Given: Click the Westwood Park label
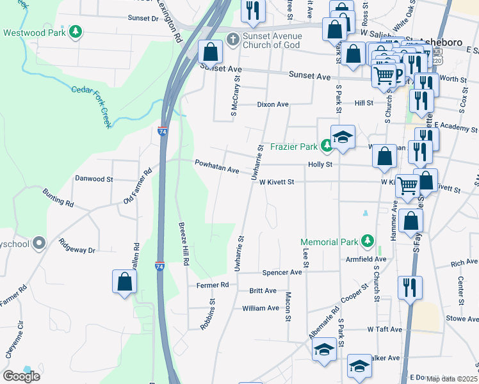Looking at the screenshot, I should pos(37,33).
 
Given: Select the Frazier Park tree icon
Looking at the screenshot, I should pos(327,147).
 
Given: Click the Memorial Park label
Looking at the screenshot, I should pos(330,242).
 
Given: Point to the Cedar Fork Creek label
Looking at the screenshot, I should pos(92,106).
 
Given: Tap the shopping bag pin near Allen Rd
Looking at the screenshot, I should pos(124,282).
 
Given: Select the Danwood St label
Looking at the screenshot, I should pos(93,179).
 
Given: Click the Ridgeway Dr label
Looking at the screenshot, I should pos(76,246).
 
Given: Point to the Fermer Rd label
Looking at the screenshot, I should pos(213,285).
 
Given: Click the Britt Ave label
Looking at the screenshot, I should pos(263,291).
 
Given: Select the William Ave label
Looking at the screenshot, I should pos(261,308).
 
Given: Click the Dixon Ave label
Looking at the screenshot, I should pos(273,104).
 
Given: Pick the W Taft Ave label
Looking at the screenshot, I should pos(384,329).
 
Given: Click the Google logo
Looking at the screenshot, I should pos(21,376).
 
